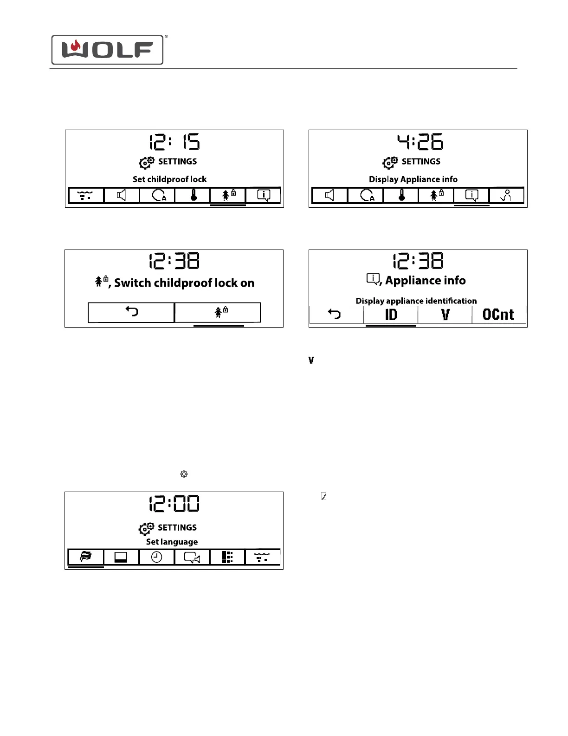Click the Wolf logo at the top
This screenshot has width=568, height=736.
107,50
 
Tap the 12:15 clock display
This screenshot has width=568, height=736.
174,142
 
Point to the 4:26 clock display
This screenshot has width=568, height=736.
420,142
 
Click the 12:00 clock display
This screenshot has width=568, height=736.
174,504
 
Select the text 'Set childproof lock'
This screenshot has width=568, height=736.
169,179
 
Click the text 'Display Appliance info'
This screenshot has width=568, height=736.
413,179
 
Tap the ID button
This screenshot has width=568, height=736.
391,315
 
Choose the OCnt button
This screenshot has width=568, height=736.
498,315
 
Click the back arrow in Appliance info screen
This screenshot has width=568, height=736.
335,315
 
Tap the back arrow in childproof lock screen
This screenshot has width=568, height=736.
132,312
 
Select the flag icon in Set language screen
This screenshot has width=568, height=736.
86,557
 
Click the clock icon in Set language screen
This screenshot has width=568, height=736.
157,557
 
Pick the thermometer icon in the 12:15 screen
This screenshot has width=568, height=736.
194,196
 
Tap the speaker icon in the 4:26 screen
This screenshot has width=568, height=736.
329,196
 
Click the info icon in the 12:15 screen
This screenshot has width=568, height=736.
264,196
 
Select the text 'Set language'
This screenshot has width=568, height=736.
172,542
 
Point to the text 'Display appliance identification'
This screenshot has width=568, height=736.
416,301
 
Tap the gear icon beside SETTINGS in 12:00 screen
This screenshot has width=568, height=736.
146,528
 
